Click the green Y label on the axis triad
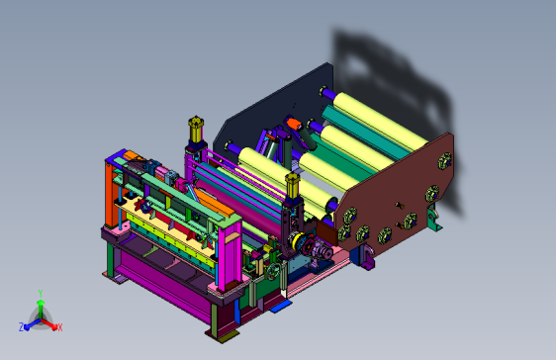[x=41, y=293]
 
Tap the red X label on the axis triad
[x=60, y=327]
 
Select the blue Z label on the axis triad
[x=22, y=327]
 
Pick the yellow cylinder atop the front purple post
[x=293, y=185]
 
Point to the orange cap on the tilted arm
[x=294, y=124]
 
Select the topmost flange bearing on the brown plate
[x=445, y=161]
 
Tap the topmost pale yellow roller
[x=381, y=121]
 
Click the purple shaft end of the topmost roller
[x=327, y=93]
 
